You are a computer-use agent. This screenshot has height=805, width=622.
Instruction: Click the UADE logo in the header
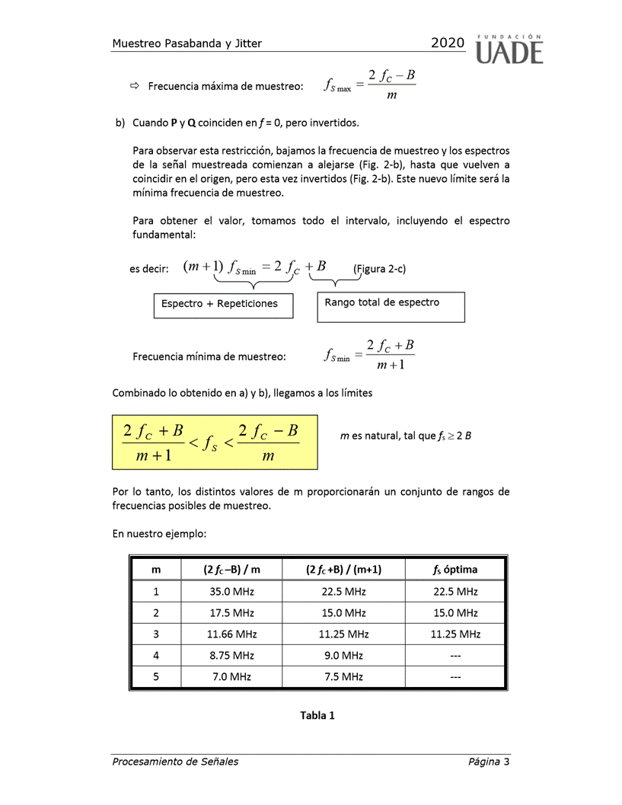pyautogui.click(x=509, y=49)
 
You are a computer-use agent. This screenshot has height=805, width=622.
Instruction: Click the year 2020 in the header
pyautogui.click(x=448, y=43)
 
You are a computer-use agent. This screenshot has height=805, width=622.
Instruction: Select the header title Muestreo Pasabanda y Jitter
pyautogui.click(x=187, y=43)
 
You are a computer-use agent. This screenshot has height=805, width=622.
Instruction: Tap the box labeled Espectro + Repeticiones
pyautogui.click(x=223, y=305)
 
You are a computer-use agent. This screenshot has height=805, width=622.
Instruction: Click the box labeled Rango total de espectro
pyautogui.click(x=390, y=307)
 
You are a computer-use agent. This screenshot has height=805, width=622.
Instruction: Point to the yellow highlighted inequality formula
pyautogui.click(x=215, y=442)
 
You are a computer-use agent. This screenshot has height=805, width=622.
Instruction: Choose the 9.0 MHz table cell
pyautogui.click(x=344, y=655)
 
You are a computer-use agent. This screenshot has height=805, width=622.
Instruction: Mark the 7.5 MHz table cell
pyautogui.click(x=344, y=676)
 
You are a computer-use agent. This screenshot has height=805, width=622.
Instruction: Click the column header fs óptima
pyautogui.click(x=455, y=570)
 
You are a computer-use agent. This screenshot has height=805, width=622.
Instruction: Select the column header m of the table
pyautogui.click(x=156, y=570)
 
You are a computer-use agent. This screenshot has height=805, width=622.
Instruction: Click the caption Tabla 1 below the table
pyautogui.click(x=317, y=715)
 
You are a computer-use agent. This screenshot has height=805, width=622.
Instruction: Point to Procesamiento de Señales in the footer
pyautogui.click(x=175, y=762)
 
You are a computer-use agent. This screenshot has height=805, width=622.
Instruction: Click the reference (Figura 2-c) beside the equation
pyautogui.click(x=379, y=268)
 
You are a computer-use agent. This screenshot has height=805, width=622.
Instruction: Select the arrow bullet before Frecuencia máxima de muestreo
pyautogui.click(x=136, y=87)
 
